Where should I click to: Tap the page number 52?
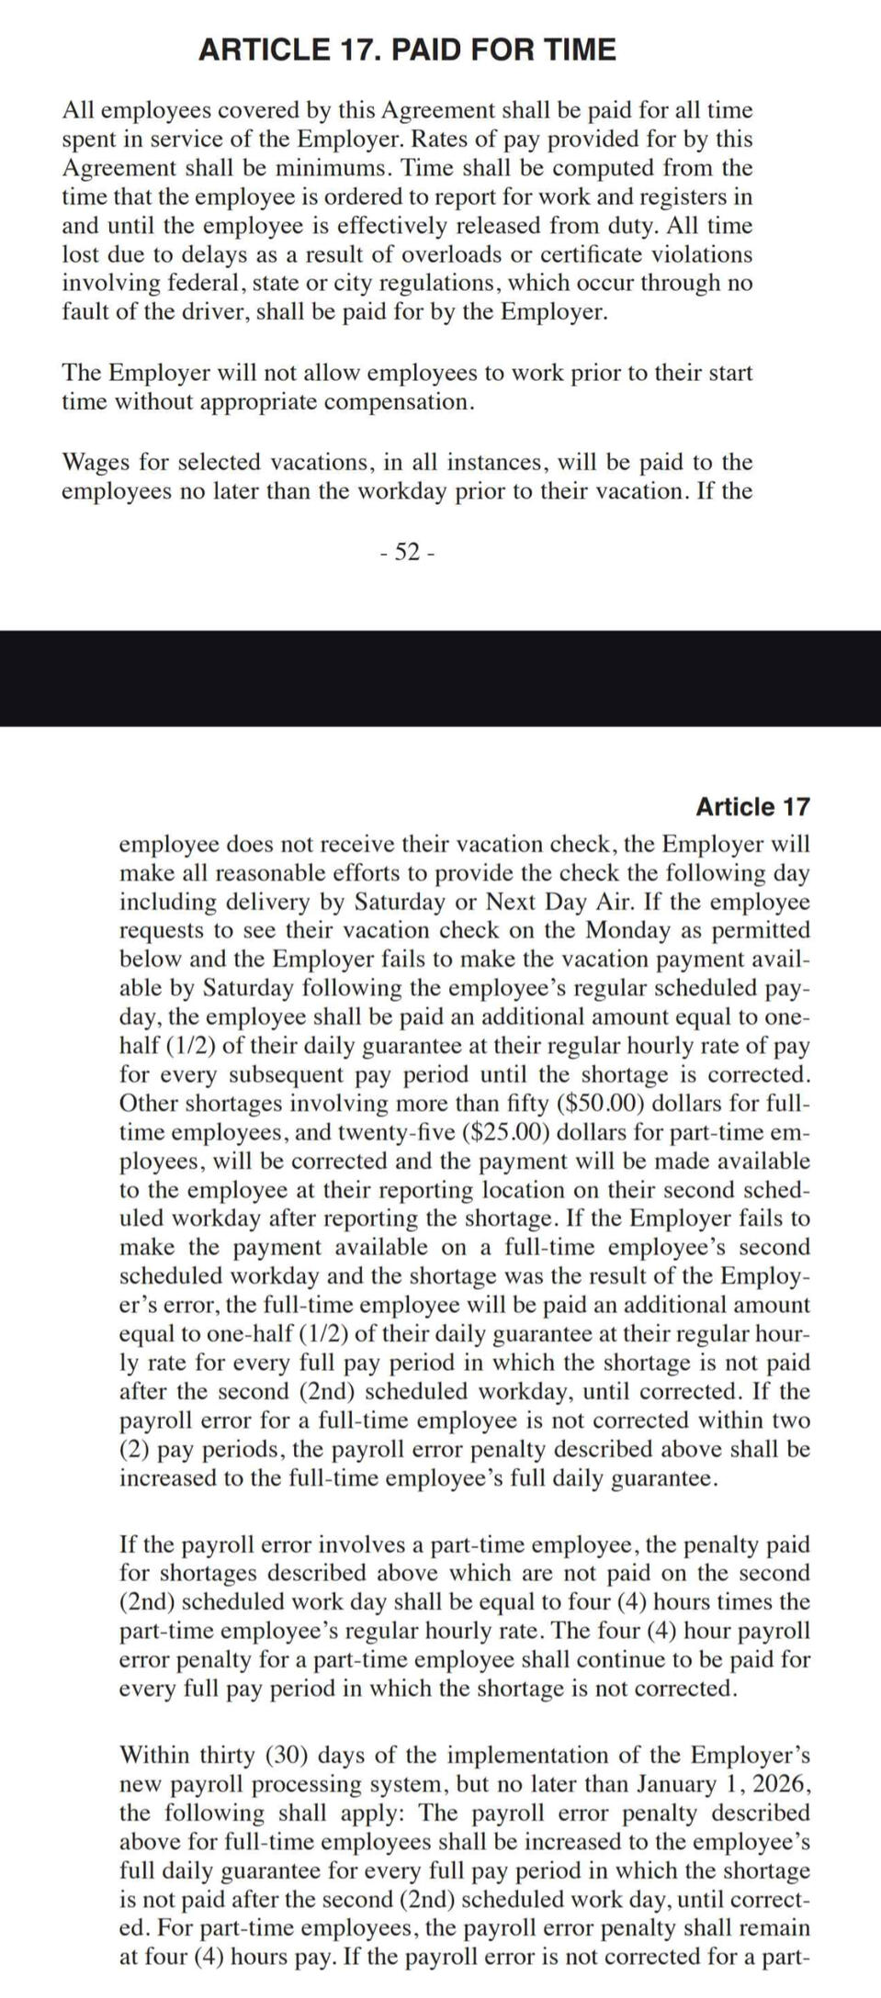coord(406,552)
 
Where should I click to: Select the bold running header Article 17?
coord(752,807)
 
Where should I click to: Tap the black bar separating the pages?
coord(440,678)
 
